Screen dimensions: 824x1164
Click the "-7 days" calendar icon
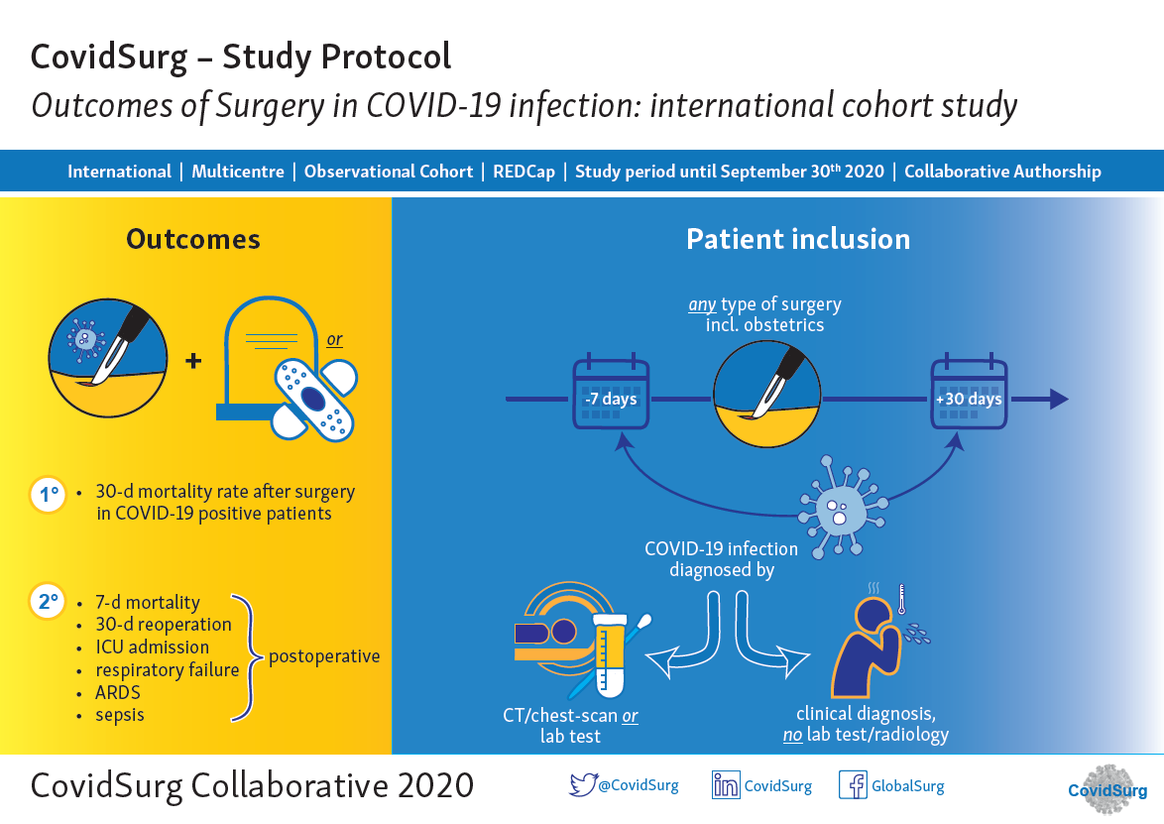pyautogui.click(x=611, y=395)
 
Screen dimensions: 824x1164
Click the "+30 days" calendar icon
pyautogui.click(x=968, y=395)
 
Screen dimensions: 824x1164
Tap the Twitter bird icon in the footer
pyautogui.click(x=582, y=785)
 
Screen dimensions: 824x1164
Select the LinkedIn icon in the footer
pyautogui.click(x=726, y=785)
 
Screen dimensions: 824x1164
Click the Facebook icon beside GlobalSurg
pyautogui.click(x=853, y=785)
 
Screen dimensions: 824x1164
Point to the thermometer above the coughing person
pyautogui.click(x=902, y=600)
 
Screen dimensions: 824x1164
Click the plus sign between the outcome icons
pyautogui.click(x=193, y=361)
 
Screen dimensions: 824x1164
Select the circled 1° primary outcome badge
pyautogui.click(x=48, y=494)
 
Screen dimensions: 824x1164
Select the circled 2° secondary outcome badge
pyautogui.click(x=48, y=602)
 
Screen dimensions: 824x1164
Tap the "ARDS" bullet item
pyautogui.click(x=118, y=692)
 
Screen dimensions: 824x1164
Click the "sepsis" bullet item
pyautogui.click(x=120, y=715)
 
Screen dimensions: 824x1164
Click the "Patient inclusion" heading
pyautogui.click(x=798, y=239)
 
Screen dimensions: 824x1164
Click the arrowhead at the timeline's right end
pyautogui.click(x=1058, y=400)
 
